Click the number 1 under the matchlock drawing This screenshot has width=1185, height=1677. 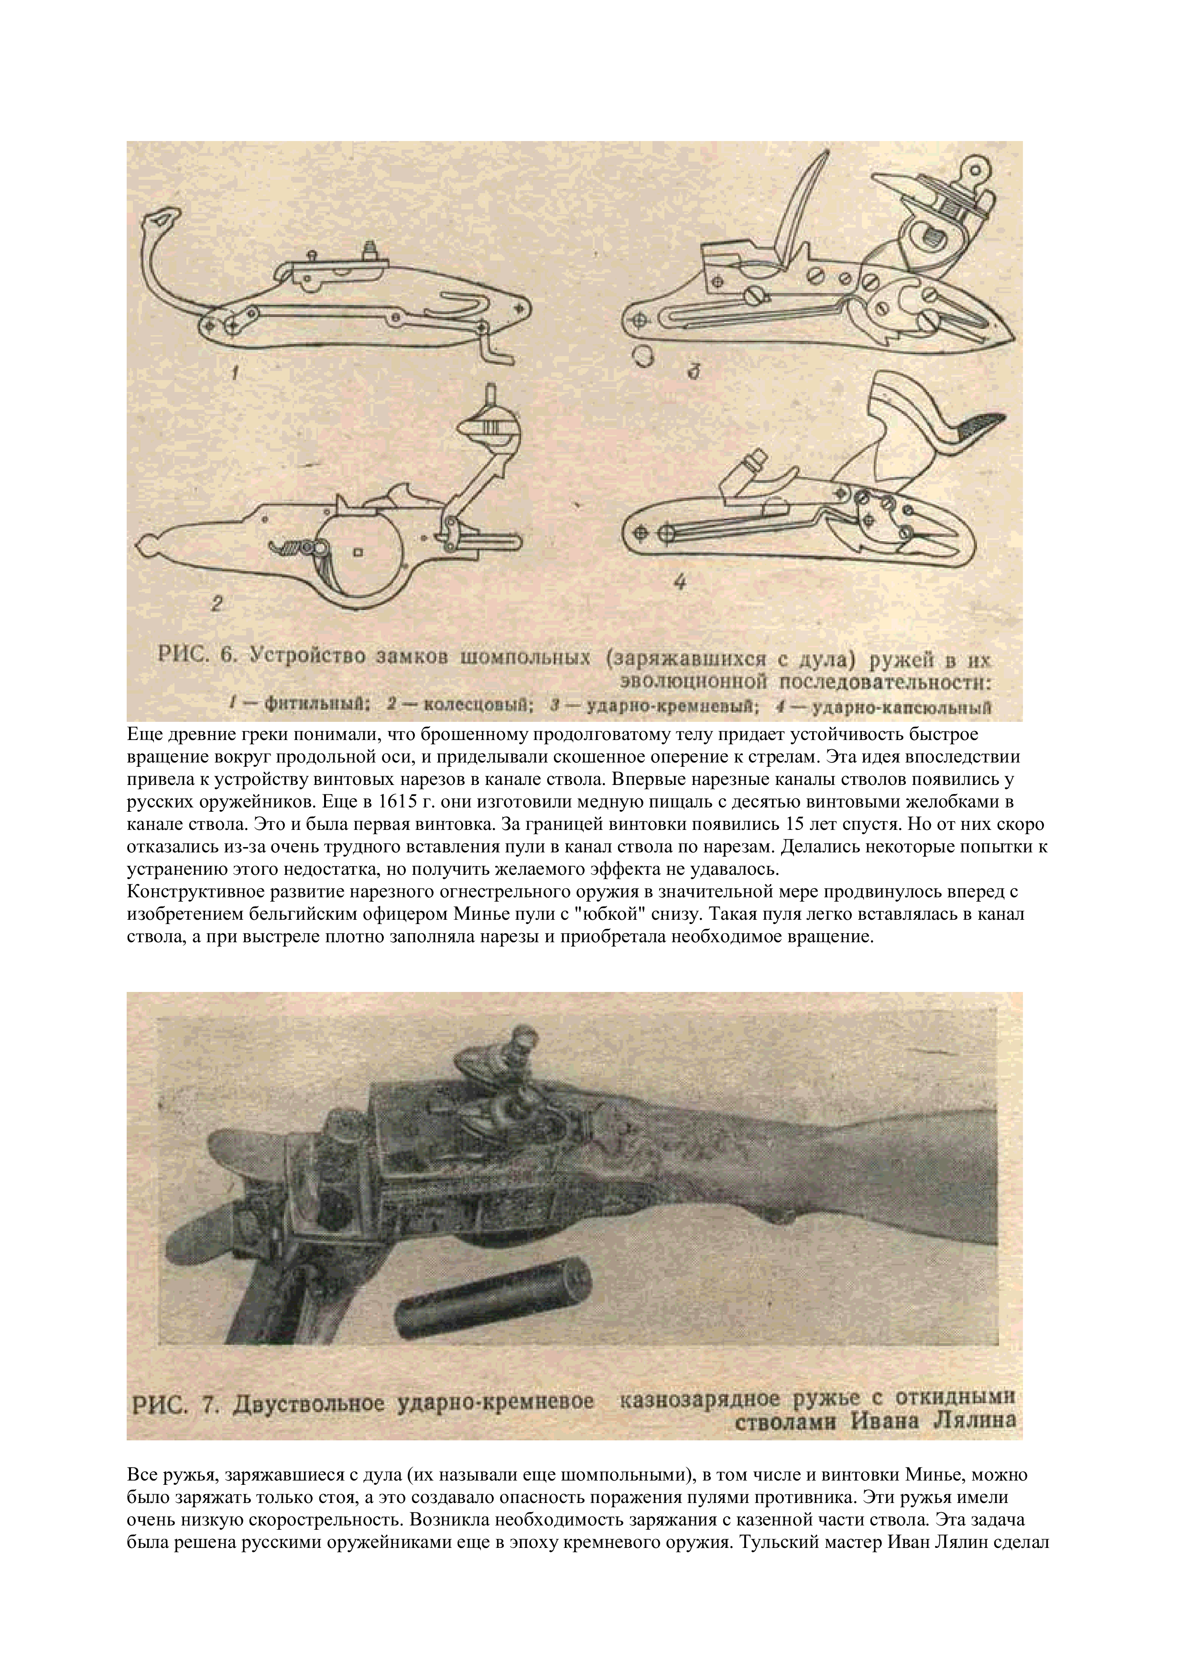tap(235, 373)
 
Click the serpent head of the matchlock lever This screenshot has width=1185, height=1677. tap(163, 218)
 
